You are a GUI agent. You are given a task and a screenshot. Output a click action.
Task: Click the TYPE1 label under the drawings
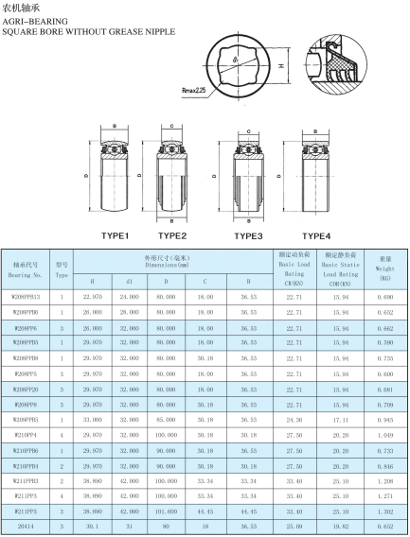(x=115, y=236)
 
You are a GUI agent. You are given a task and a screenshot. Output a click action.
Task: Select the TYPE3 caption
(x=248, y=236)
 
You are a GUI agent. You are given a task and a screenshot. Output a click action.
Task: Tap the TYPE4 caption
(x=316, y=236)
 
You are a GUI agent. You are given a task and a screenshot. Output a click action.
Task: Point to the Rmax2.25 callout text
(x=194, y=91)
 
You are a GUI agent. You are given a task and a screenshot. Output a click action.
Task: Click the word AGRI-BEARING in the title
(x=35, y=21)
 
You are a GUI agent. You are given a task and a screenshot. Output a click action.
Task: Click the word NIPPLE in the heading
(x=160, y=32)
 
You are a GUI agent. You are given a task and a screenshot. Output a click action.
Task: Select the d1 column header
(x=130, y=282)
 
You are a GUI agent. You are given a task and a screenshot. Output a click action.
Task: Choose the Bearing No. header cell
(x=25, y=269)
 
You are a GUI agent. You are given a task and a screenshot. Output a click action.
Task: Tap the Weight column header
(x=385, y=268)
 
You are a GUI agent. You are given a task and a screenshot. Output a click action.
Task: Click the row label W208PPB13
(x=26, y=297)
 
